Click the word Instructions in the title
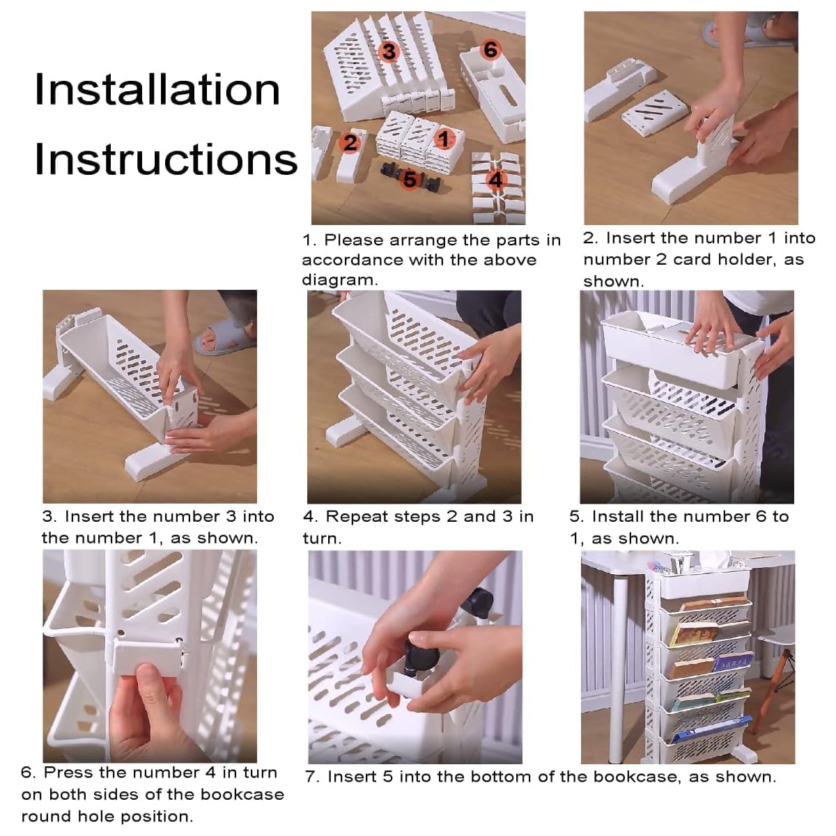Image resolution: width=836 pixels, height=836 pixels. pos(166,159)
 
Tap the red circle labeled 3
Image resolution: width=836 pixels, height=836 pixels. pos(389,51)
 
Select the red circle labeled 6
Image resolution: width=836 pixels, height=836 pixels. pos(490,49)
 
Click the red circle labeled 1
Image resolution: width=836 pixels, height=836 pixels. pos(442,139)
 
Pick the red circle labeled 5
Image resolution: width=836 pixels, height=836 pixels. pos(410,179)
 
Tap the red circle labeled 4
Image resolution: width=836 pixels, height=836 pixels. pos(495,180)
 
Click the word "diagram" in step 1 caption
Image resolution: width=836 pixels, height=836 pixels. pos(339,280)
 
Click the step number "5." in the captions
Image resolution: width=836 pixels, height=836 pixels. pos(577,517)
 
